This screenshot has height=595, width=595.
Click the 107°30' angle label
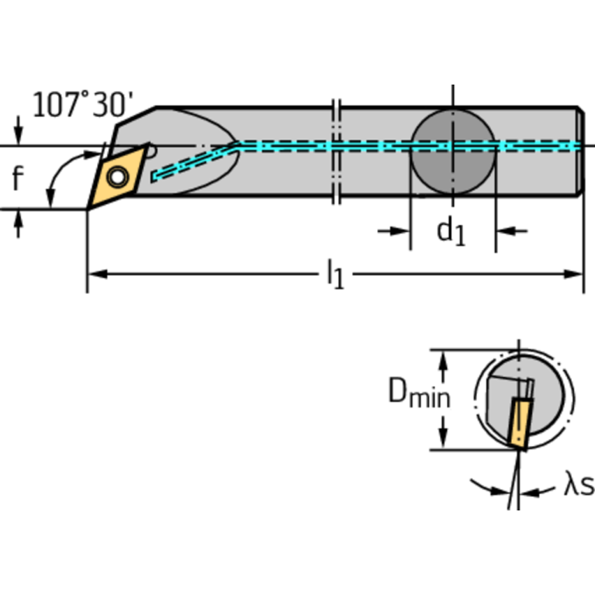[83, 104]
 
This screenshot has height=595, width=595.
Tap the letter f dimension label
[18, 178]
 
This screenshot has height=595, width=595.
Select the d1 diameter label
[451, 231]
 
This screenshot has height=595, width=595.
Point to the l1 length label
[334, 274]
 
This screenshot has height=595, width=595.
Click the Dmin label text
[418, 396]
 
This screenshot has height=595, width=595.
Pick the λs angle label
[577, 486]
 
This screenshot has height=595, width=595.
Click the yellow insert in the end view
[518, 423]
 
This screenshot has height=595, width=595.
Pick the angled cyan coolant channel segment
[194, 161]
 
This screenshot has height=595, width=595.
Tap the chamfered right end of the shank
[579, 151]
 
